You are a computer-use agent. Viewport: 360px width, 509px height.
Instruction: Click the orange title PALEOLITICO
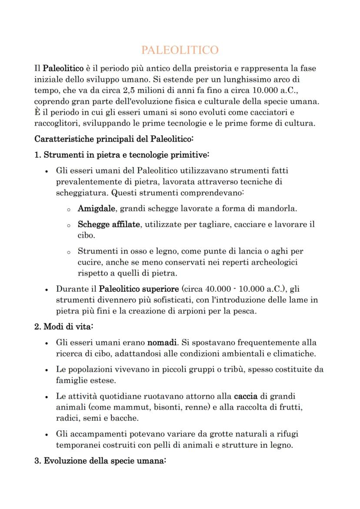coord(180,50)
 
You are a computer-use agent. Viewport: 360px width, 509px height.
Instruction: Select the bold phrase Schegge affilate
coord(109,224)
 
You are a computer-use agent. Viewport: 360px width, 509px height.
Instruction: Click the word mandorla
coord(277,208)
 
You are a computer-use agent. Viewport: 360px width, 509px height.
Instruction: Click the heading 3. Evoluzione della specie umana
coord(100,461)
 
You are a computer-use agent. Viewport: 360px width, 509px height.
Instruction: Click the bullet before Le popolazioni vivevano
coord(47,369)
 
